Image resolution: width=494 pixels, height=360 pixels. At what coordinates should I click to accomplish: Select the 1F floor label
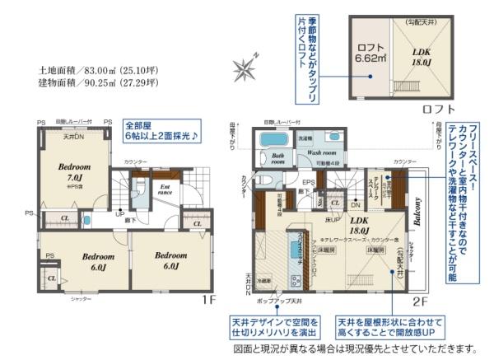[210, 301]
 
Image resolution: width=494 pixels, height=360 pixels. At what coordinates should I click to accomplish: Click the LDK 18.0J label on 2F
[360, 225]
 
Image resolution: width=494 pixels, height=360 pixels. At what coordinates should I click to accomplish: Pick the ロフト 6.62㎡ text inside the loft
[370, 54]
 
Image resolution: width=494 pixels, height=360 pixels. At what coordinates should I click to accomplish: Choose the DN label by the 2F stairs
[354, 204]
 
